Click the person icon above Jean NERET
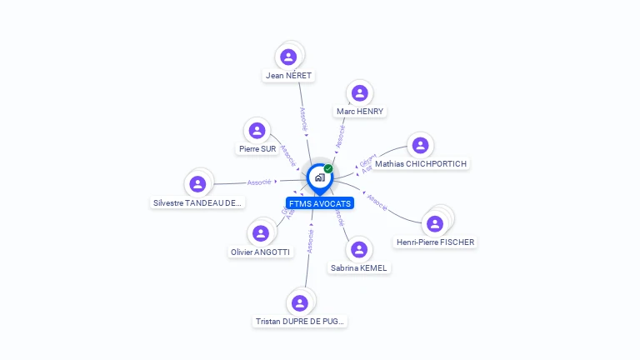pyautogui.click(x=288, y=57)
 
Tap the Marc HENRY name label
pyautogui.click(x=361, y=111)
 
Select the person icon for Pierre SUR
pyautogui.click(x=257, y=130)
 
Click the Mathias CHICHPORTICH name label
pyautogui.click(x=421, y=164)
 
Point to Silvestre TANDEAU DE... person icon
pyautogui.click(x=197, y=183)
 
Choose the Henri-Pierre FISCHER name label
pyautogui.click(x=435, y=242)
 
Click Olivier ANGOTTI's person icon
pyautogui.click(x=261, y=233)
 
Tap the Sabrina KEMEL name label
pyautogui.click(x=359, y=268)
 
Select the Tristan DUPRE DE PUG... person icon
pyautogui.click(x=300, y=302)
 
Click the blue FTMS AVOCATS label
pyautogui.click(x=320, y=203)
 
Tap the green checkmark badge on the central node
pyautogui.click(x=328, y=168)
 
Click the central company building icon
pyautogui.click(x=319, y=177)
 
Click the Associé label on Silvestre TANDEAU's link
pyautogui.click(x=258, y=182)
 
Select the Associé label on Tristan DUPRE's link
pyautogui.click(x=310, y=240)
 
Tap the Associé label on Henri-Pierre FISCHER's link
pyautogui.click(x=377, y=202)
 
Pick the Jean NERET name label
pyautogui.click(x=288, y=76)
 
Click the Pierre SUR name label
pyautogui.click(x=257, y=149)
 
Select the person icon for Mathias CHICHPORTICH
pyautogui.click(x=420, y=145)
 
